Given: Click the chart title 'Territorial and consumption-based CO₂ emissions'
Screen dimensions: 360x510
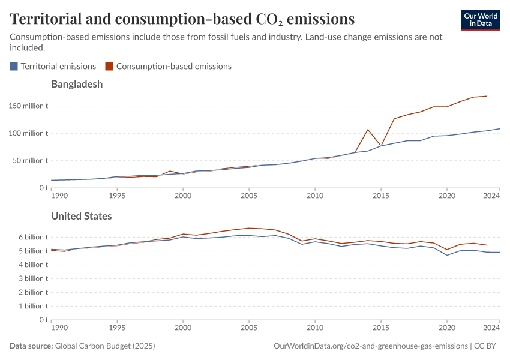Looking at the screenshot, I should point(182,19).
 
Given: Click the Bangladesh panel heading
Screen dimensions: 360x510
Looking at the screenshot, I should point(77,84).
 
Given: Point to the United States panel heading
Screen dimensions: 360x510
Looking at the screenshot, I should point(81,216).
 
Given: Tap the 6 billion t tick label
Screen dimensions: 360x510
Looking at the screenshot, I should point(31,237).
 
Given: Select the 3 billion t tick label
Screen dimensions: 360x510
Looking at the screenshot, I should point(31,278).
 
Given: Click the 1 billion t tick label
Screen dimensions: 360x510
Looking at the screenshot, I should point(31,306).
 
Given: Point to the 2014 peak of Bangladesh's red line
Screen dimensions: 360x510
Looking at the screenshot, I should point(368,130).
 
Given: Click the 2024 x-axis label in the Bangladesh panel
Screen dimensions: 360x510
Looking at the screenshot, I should point(491,196).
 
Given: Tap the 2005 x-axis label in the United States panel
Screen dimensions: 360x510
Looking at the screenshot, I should point(249,328).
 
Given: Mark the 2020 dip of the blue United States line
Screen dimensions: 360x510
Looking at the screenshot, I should point(447,255).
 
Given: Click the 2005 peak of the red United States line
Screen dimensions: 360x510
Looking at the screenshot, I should point(249,228).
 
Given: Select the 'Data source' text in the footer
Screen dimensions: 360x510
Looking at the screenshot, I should point(31,346).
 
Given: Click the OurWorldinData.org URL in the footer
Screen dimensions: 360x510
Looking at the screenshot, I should point(370,346).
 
